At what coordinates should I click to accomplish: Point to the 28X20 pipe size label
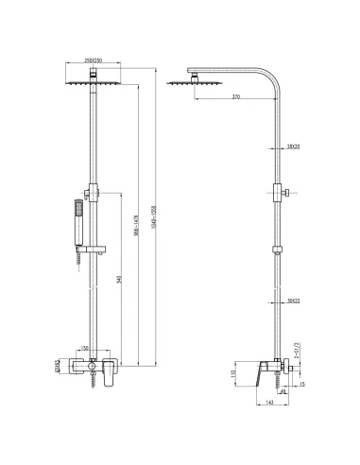pos(293,146)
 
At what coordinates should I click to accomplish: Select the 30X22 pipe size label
pos(293,301)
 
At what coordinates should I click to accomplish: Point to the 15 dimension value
pos(301,384)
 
